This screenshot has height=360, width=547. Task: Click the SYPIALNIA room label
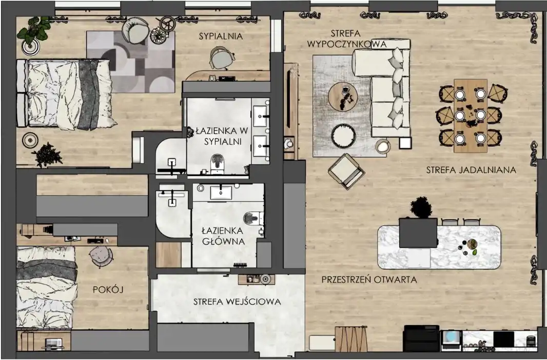tap(221, 36)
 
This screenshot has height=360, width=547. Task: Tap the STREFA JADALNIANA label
tap(471, 170)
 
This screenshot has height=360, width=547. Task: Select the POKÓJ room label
tap(108, 289)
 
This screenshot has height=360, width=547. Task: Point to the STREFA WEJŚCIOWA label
tap(237, 301)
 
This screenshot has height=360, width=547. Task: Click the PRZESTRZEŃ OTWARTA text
tap(369, 279)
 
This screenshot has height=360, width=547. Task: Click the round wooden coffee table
tap(343, 96)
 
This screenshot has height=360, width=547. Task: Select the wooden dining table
tap(471, 116)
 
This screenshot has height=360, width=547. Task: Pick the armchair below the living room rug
tap(346, 171)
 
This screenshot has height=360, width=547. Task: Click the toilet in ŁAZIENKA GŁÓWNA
tap(253, 219)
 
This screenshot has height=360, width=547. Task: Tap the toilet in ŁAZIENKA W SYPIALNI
tap(217, 163)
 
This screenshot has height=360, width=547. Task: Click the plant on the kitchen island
tap(421, 207)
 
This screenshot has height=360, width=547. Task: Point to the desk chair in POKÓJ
tap(101, 256)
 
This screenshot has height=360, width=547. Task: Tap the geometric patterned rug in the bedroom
tap(131, 62)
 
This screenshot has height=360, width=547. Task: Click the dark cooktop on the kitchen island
tap(418, 233)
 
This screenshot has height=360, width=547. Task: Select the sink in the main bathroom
tap(221, 193)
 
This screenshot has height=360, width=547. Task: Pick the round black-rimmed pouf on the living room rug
tap(343, 136)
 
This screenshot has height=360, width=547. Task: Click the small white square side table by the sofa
tap(405, 143)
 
